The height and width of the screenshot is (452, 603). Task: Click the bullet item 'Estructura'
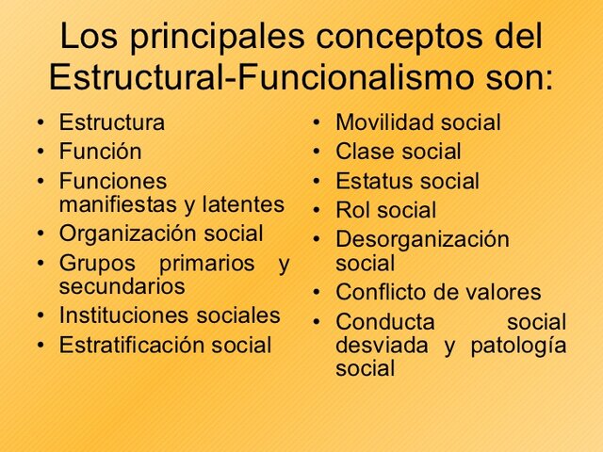[111, 122]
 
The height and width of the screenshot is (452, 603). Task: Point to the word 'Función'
[100, 152]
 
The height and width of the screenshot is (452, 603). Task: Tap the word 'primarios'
[206, 263]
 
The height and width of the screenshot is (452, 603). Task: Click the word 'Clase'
[363, 152]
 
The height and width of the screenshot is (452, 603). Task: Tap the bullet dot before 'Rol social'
[318, 211]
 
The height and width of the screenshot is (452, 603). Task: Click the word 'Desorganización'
[422, 239]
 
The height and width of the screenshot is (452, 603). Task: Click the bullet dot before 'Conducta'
[318, 322]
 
